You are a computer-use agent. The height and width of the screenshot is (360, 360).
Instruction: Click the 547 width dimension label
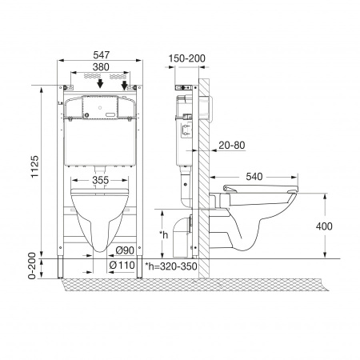[x=101, y=55]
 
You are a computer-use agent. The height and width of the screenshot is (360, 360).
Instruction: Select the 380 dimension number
[x=101, y=67]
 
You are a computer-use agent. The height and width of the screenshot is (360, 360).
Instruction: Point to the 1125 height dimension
[x=34, y=166]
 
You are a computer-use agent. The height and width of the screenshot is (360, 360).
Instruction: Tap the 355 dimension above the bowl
[x=101, y=180]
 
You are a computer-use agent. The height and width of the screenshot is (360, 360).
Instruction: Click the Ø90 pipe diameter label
[x=125, y=250]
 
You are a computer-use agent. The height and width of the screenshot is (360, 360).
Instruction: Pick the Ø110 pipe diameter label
[x=122, y=265]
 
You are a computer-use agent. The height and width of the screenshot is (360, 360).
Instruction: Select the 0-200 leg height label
[x=32, y=266]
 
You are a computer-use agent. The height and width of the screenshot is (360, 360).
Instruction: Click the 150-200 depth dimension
[x=186, y=58]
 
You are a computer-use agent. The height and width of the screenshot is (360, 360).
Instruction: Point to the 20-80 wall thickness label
[x=232, y=145]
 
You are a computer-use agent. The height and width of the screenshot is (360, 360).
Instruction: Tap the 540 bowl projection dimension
[x=254, y=177]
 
